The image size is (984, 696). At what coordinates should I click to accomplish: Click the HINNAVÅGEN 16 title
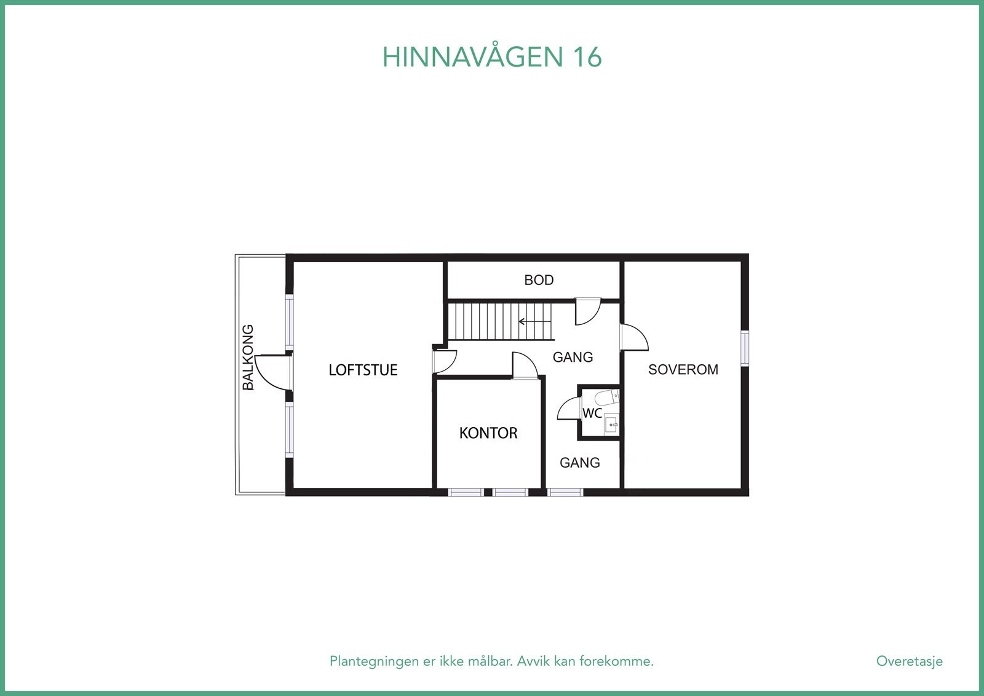tap(492, 57)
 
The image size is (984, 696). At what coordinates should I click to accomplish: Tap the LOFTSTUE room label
tap(363, 370)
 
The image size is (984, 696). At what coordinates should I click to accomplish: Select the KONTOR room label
tap(488, 433)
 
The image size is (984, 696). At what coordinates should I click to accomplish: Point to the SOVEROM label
tap(683, 370)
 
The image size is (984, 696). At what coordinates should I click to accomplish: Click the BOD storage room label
tap(539, 280)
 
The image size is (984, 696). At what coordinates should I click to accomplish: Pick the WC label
tap(592, 414)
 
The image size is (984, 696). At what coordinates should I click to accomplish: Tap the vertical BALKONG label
tap(248, 358)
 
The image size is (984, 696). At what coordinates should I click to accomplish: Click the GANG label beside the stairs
tap(573, 357)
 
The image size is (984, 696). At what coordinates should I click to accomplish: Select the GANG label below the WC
tap(579, 463)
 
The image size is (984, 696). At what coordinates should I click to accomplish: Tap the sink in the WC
tap(612, 424)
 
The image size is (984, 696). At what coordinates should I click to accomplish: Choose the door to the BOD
tap(587, 312)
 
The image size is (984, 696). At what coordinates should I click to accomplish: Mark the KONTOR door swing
tap(525, 366)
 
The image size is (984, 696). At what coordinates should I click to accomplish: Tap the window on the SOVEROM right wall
tap(745, 348)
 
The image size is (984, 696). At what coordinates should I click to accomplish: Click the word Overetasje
tap(909, 662)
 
